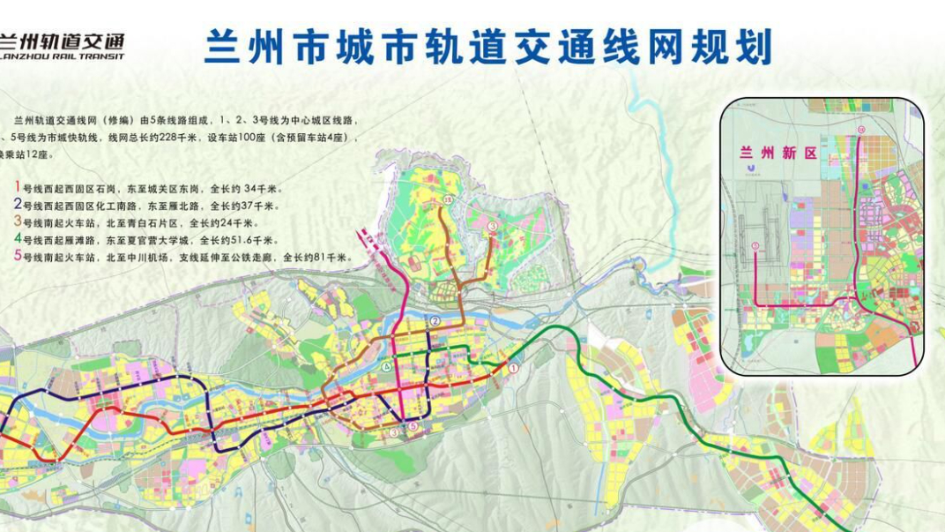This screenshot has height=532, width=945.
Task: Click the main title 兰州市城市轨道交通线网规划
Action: point(487,47)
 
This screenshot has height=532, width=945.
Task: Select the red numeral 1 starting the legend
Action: point(17,188)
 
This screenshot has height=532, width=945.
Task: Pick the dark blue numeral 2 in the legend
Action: point(17,205)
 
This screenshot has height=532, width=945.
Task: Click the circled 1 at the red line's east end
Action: point(515,366)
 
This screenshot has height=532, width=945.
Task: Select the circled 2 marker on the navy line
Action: point(435,320)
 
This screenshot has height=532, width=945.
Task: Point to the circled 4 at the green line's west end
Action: point(385,365)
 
